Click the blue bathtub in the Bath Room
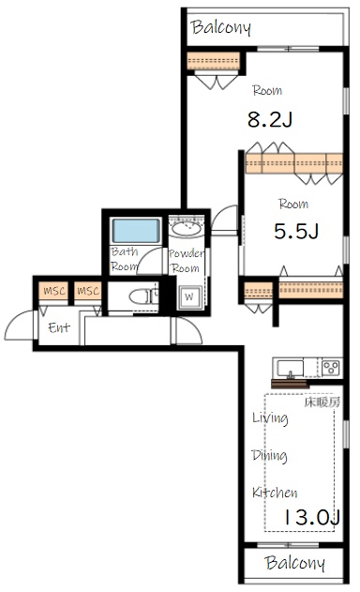pyautogui.click(x=136, y=231)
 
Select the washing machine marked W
pyautogui.click(x=188, y=296)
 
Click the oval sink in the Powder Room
pyautogui.click(x=186, y=229)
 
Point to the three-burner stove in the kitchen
pyautogui.click(x=331, y=368)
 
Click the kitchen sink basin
pyautogui.click(x=290, y=368)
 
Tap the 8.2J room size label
pyautogui.click(x=269, y=120)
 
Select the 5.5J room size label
pyautogui.click(x=296, y=231)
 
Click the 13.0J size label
pyautogui.click(x=311, y=517)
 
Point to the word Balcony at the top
pyautogui.click(x=220, y=27)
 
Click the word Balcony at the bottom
pyautogui.click(x=294, y=563)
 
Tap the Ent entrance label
pyautogui.click(x=59, y=327)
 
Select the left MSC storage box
pyautogui.click(x=54, y=291)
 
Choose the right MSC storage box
pyautogui.click(x=87, y=291)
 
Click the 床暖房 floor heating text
pyautogui.click(x=322, y=402)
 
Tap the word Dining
pyautogui.click(x=269, y=455)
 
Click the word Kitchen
pyautogui.click(x=275, y=493)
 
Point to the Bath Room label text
pyautogui.click(x=124, y=259)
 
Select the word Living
pyautogui.click(x=270, y=417)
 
